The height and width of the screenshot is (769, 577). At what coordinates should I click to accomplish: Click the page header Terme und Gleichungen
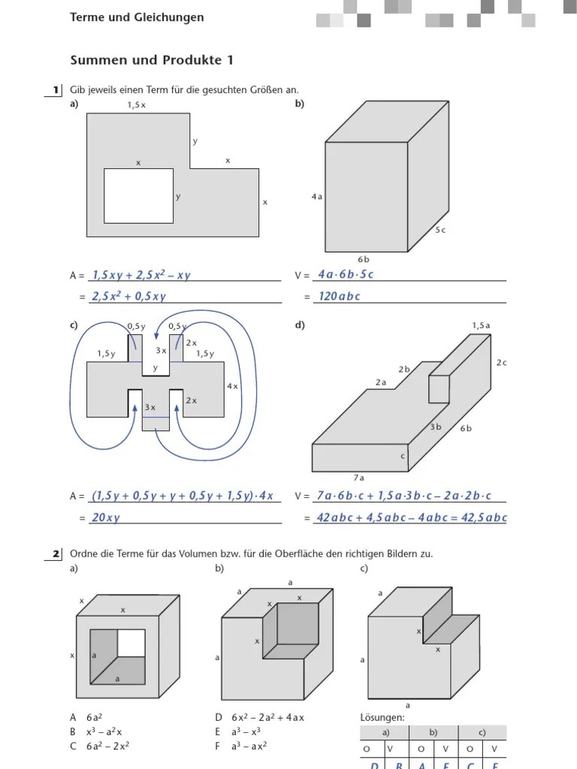[x=137, y=17]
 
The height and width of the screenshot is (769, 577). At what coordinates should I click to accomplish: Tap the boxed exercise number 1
[x=56, y=90]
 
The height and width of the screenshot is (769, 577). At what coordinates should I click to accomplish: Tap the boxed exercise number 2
[x=56, y=554]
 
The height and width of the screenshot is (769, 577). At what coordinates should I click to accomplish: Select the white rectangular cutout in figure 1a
[x=138, y=196]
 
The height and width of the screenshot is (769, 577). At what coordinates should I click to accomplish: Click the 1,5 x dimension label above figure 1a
[x=136, y=105]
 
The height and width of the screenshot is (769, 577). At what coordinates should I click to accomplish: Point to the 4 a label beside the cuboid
[x=316, y=197]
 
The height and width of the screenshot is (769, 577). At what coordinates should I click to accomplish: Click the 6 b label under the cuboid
[x=364, y=259]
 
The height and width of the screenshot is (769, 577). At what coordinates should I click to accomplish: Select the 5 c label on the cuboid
[x=440, y=230]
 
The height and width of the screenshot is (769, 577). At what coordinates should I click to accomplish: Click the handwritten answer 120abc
[x=339, y=297]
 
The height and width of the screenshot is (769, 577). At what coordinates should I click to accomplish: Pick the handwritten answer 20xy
[x=106, y=518]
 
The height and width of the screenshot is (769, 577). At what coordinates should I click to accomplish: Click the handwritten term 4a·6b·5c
[x=346, y=275]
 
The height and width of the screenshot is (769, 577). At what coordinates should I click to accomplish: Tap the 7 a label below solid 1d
[x=359, y=477]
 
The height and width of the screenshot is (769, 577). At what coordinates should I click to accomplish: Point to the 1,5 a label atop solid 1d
[x=481, y=325]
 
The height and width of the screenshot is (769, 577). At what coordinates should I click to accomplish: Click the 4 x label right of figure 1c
[x=232, y=386]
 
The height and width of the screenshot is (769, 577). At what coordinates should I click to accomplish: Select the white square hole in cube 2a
[x=131, y=643]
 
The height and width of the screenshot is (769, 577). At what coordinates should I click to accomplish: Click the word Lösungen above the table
[x=382, y=717]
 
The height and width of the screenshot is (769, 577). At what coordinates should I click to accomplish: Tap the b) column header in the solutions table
[x=434, y=732]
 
